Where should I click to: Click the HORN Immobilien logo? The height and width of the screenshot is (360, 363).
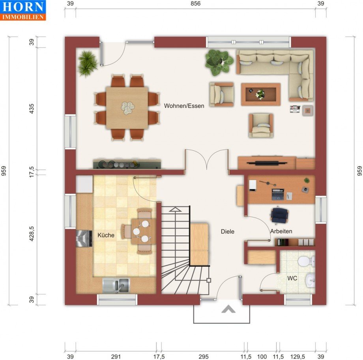coord(23,10)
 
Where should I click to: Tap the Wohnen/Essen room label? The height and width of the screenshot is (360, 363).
coord(184,106)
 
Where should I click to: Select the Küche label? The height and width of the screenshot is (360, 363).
coord(106,235)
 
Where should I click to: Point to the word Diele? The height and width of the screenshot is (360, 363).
coord(228,231)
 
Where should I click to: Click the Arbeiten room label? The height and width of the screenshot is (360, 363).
coord(281,231)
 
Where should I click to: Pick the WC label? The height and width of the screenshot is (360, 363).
coord(292,278)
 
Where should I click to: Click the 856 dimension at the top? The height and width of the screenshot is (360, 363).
coord(195,4)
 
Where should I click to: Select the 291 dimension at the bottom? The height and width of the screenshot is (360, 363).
coord(116,356)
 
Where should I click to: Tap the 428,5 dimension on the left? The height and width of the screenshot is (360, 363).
coord(32,234)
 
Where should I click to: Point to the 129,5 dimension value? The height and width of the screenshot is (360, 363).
coord(298,356)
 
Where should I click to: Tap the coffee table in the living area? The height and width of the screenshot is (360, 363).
coord(261,94)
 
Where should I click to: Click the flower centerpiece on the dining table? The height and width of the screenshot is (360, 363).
coord(127,108)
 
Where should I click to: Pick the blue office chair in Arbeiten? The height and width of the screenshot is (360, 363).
coord(280,215)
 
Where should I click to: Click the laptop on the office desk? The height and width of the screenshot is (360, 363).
coord(278,194)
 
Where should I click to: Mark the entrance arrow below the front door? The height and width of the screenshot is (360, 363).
coord(228,309)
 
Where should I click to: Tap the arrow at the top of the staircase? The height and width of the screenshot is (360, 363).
coord(175,210)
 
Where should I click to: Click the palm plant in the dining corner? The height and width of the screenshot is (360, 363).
coord(87,64)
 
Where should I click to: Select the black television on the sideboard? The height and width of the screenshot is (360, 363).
coord(267,163)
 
